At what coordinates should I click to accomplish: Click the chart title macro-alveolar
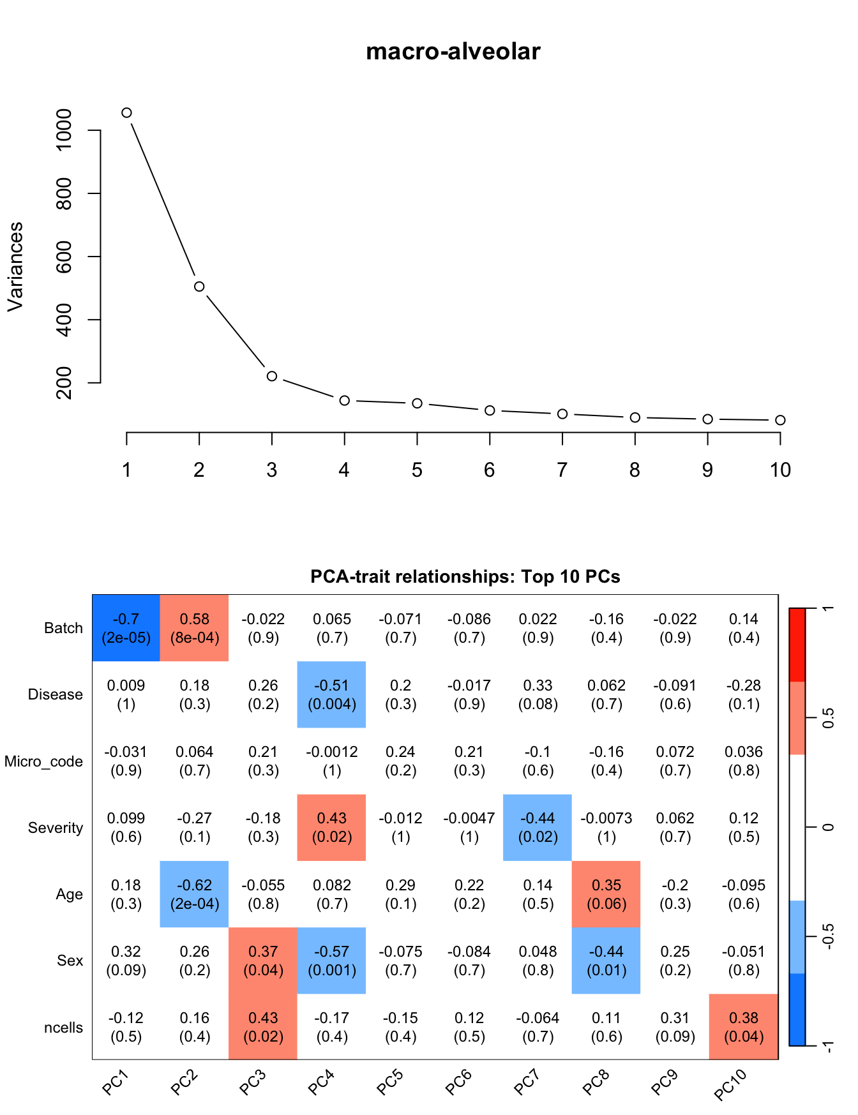453,52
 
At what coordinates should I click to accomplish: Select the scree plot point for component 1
126,113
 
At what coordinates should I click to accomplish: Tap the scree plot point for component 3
272,376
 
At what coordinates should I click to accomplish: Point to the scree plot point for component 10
780,420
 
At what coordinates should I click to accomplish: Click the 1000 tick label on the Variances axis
64,130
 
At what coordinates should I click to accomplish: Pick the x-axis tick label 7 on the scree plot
562,470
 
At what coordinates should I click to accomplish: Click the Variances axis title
15,267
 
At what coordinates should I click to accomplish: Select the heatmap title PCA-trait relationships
465,577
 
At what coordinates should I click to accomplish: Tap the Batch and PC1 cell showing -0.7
126,628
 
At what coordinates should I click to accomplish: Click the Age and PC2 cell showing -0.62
195,894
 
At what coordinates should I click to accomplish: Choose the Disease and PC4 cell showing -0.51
332,694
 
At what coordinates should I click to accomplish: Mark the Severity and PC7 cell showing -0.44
538,827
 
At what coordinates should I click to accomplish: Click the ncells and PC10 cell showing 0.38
744,1027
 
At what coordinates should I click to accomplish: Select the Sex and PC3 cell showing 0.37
263,961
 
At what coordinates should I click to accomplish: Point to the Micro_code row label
43,761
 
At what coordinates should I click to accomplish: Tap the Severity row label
56,828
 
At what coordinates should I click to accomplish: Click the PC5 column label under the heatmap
389,1082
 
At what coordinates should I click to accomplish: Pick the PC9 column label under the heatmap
664,1082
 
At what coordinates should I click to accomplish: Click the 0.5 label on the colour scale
829,718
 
